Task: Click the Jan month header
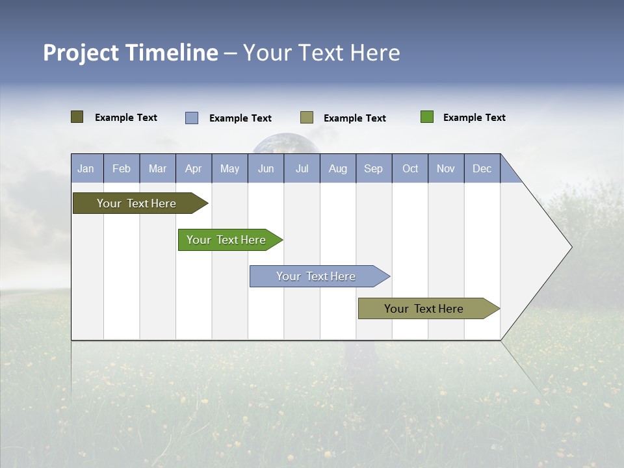pyautogui.click(x=86, y=168)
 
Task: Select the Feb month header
pyautogui.click(x=122, y=168)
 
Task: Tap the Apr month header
pyautogui.click(x=193, y=168)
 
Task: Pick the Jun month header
pyautogui.click(x=266, y=168)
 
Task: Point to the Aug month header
pyautogui.click(x=337, y=168)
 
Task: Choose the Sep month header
pyautogui.click(x=373, y=168)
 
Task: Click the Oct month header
pyautogui.click(x=410, y=168)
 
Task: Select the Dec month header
pyautogui.click(x=482, y=168)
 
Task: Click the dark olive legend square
pyautogui.click(x=77, y=117)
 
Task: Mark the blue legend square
pyautogui.click(x=192, y=118)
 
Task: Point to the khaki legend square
pyautogui.click(x=307, y=118)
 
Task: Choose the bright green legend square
pyautogui.click(x=427, y=117)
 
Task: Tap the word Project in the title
pyautogui.click(x=81, y=53)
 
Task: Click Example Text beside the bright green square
pyautogui.click(x=474, y=118)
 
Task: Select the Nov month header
pyautogui.click(x=445, y=168)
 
